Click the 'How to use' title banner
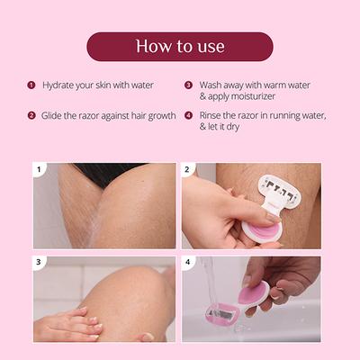[180, 46]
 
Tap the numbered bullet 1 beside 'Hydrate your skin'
[31, 85]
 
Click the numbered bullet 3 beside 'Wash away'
[188, 85]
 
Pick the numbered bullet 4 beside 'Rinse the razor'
[188, 116]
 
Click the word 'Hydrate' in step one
[58, 85]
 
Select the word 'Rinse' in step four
[214, 116]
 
